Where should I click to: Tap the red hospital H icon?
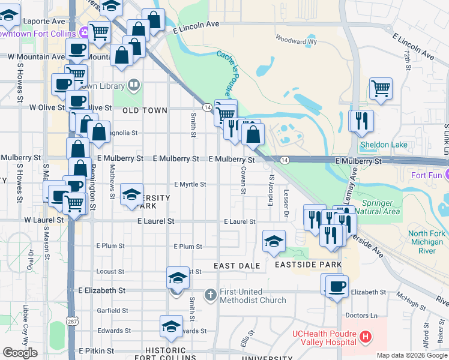365,338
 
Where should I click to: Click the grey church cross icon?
210,295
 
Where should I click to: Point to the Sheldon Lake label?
384,145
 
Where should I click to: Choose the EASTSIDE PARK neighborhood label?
308,265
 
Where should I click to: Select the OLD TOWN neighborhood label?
145,111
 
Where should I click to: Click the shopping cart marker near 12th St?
381,88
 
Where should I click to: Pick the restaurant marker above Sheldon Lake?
361,121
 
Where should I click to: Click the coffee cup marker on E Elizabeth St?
336,286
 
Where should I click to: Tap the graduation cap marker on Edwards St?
171,326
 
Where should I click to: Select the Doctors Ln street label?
361,316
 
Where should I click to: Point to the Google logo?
20,353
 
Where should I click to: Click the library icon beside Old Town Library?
134,86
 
